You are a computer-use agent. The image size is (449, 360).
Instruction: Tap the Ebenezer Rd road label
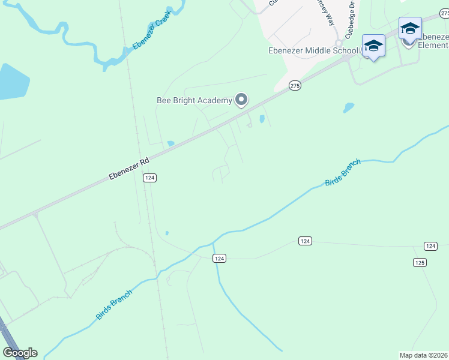(128, 169)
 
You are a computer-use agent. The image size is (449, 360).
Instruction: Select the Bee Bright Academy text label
(193, 100)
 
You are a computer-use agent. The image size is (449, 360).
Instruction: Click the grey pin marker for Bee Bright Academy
(241, 100)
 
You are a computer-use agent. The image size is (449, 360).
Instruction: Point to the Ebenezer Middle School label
(312, 51)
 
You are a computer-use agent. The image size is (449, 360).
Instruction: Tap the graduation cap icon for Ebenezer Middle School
(373, 46)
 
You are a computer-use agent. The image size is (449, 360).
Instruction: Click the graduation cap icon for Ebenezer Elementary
(410, 28)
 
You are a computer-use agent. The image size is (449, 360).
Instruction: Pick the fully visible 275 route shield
(294, 86)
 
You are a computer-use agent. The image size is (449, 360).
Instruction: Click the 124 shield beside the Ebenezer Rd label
(150, 178)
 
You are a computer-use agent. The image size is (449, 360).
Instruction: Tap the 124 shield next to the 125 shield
(430, 246)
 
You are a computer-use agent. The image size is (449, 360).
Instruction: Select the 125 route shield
(420, 262)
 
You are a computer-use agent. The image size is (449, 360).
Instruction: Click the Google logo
(20, 353)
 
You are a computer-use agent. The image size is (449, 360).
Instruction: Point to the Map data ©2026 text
(423, 355)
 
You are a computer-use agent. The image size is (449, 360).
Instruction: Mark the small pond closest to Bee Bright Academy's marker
(262, 119)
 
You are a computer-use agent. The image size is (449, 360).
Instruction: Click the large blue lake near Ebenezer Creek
(12, 82)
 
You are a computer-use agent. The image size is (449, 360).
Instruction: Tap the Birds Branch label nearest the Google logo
(114, 304)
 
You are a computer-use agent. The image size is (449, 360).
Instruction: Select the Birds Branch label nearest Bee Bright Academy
(343, 173)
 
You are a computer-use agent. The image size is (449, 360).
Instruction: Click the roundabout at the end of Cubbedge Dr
(338, 43)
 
